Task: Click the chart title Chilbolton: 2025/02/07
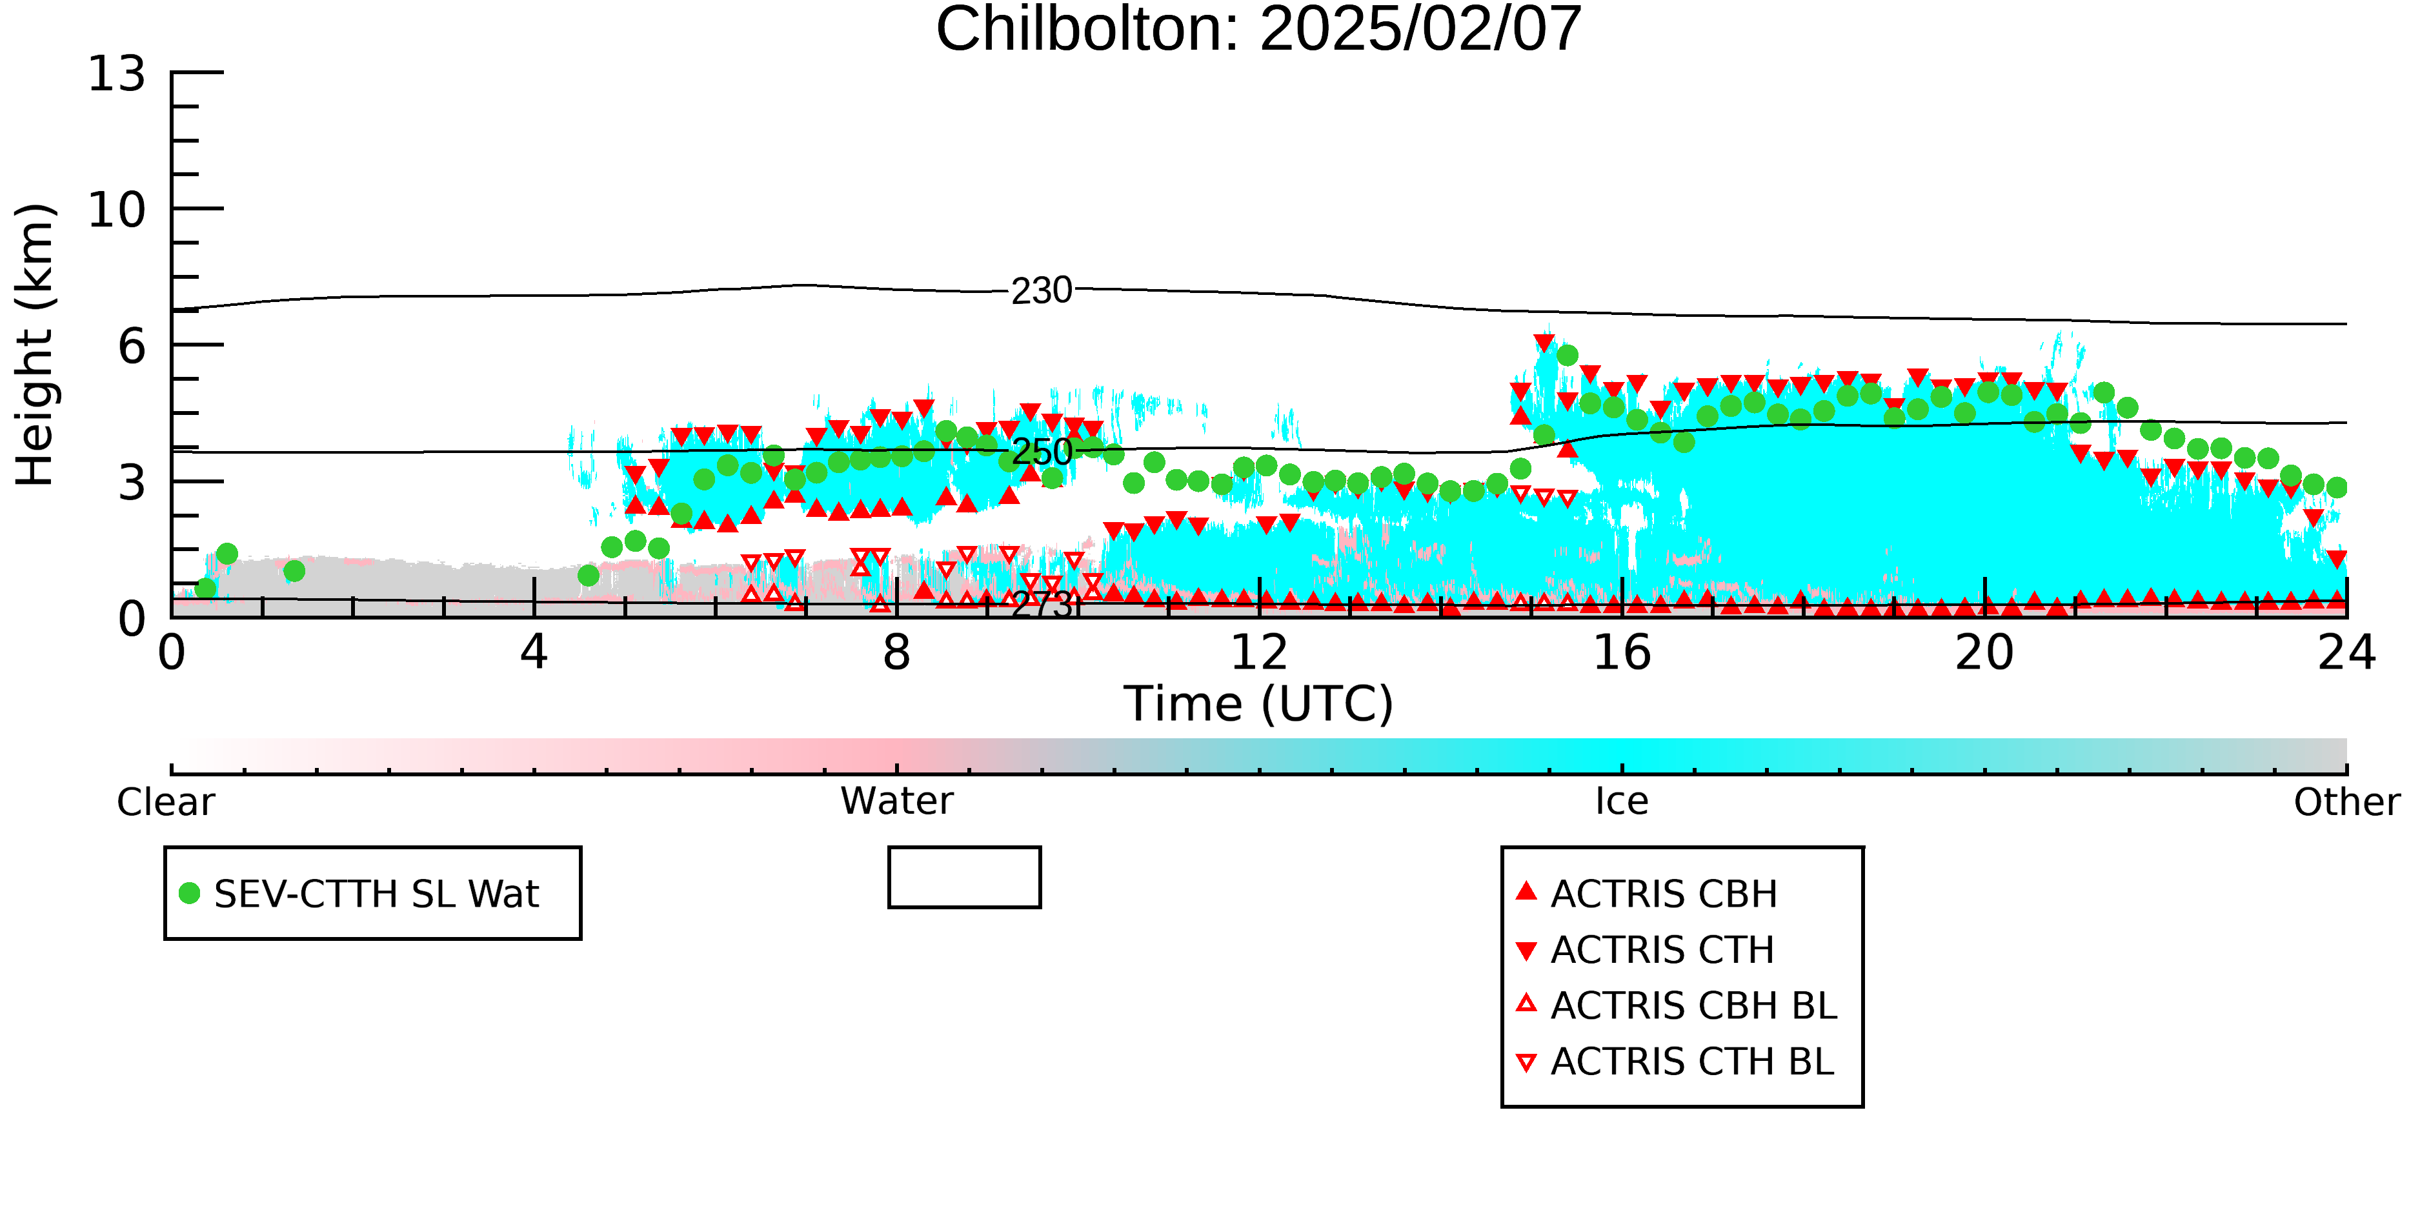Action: coord(1259,30)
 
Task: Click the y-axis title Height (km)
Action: coord(35,345)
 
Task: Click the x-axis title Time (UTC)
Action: coord(1259,703)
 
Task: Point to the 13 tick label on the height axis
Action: coord(117,74)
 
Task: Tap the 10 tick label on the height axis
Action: coord(117,210)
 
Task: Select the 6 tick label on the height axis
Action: coord(132,347)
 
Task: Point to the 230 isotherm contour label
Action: coord(1041,291)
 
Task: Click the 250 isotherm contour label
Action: coord(1041,453)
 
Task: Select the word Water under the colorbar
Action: coord(896,802)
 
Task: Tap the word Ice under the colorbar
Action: coord(1622,802)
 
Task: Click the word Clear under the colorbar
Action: coord(165,802)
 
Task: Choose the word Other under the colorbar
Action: coord(2346,802)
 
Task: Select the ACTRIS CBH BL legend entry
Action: coord(1676,1005)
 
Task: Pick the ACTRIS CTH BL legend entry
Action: coord(1675,1062)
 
